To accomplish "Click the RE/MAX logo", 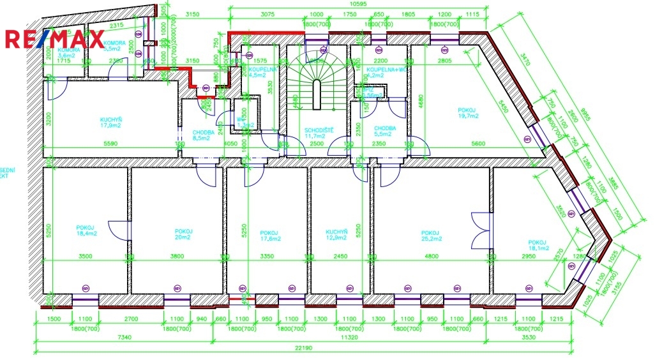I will click(x=54, y=40).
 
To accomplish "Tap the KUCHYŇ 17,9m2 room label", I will click(x=111, y=122).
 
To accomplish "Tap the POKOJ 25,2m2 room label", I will click(x=430, y=235).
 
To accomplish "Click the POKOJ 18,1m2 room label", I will click(x=538, y=246).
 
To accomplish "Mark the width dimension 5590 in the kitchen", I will click(x=110, y=145).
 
